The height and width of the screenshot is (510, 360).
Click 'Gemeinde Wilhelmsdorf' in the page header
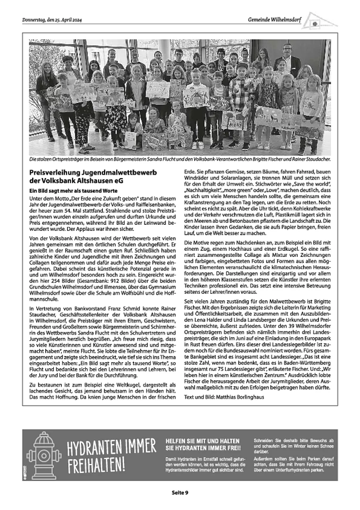tap(275, 19)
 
